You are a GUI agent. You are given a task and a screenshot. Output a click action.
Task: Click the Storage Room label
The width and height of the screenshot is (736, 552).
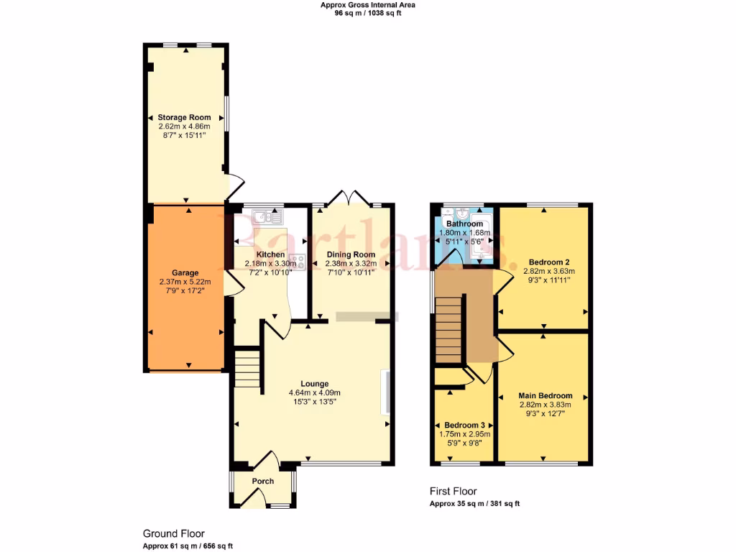[x=185, y=117]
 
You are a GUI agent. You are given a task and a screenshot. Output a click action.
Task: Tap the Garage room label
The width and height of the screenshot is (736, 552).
[x=185, y=273]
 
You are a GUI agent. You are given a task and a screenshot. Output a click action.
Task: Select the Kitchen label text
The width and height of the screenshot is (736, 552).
[x=270, y=255]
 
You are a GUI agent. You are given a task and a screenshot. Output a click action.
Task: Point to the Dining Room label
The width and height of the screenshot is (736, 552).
[x=351, y=255]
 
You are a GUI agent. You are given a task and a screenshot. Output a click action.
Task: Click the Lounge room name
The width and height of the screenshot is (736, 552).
[x=314, y=383]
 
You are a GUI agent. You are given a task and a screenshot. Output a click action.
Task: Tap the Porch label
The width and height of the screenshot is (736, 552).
[x=262, y=481]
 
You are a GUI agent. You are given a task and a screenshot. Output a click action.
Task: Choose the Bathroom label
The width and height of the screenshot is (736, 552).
[x=464, y=224]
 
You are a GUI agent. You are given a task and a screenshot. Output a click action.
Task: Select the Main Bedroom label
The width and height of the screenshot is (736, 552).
[x=546, y=396]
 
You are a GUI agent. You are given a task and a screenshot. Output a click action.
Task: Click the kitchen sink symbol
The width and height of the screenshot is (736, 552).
[x=264, y=215]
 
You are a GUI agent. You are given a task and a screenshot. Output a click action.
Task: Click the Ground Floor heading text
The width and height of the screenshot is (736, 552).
[x=173, y=534]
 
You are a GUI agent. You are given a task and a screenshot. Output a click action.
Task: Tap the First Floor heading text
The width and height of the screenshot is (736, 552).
[x=453, y=492]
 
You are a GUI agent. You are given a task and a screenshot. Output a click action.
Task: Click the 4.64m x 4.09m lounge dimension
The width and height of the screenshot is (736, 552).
[x=314, y=392]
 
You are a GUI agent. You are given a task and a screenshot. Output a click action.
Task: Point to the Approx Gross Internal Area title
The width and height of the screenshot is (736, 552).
[x=367, y=5]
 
